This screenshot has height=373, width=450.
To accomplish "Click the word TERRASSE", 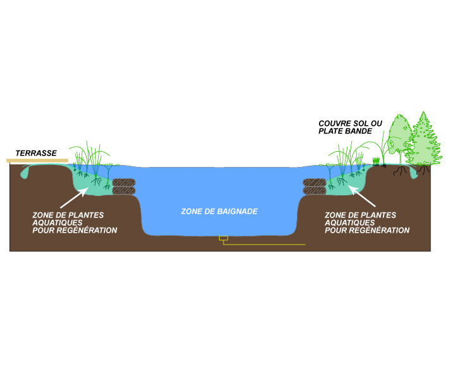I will pyautogui.click(x=36, y=153).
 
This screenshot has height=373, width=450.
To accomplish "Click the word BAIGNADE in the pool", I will pyautogui.click(x=235, y=211).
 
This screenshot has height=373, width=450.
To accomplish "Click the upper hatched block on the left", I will pyautogui.click(x=124, y=182).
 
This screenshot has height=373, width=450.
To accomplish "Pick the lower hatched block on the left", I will pyautogui.click(x=124, y=191).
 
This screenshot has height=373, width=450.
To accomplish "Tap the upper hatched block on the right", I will pyautogui.click(x=315, y=182).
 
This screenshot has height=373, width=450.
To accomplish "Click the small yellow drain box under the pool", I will pyautogui.click(x=223, y=238).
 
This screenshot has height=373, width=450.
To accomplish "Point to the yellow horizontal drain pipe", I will pyautogui.click(x=266, y=244).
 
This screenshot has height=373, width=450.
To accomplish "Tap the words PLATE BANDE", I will pyautogui.click(x=345, y=131).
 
